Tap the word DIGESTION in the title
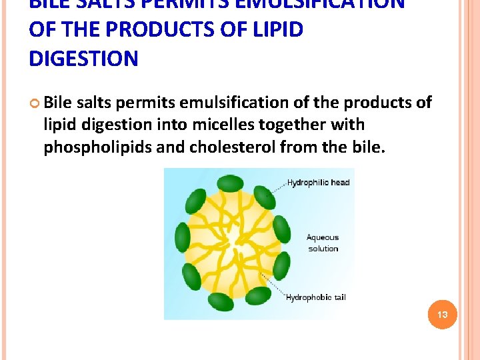click(83, 59)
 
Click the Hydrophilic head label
click(318, 183)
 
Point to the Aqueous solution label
click(323, 243)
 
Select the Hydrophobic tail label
click(315, 297)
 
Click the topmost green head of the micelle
click(231, 182)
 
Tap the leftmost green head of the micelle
click(182, 238)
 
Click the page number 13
click(442, 314)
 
